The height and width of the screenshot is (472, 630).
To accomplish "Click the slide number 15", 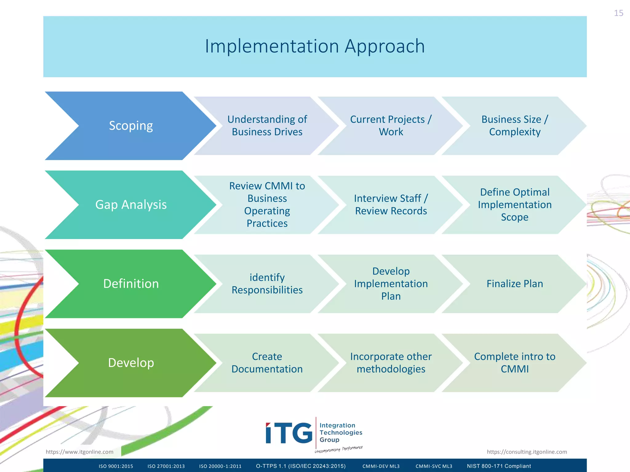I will click(618, 13).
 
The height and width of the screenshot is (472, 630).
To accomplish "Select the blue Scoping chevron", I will click(131, 126).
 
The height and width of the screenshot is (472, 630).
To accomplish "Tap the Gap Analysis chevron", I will click(131, 205).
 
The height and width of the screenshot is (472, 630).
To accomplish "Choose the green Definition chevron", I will click(131, 284).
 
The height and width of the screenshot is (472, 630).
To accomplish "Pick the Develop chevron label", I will click(131, 363).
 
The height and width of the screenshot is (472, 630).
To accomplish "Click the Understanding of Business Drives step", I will click(267, 126).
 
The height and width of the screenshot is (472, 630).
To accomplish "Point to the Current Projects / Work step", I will click(391, 126).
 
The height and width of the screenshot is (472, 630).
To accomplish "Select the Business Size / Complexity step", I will click(515, 126).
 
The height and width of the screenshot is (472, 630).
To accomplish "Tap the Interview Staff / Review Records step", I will click(391, 205).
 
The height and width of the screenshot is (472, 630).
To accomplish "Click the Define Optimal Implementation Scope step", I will click(515, 205).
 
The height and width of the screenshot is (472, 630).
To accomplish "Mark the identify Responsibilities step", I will click(267, 284).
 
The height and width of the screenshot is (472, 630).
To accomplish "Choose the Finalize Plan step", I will click(515, 284).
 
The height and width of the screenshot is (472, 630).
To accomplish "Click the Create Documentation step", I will click(267, 363).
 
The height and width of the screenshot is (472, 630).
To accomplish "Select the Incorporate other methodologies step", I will click(391, 363).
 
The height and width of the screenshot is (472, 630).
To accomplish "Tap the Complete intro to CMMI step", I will click(515, 363).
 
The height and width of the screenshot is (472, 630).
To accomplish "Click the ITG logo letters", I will click(289, 433).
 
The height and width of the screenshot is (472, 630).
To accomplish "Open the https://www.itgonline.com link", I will click(79, 452).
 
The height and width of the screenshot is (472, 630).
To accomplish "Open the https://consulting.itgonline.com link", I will click(527, 452).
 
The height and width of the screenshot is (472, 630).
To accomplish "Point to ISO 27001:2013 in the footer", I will click(166, 466).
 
